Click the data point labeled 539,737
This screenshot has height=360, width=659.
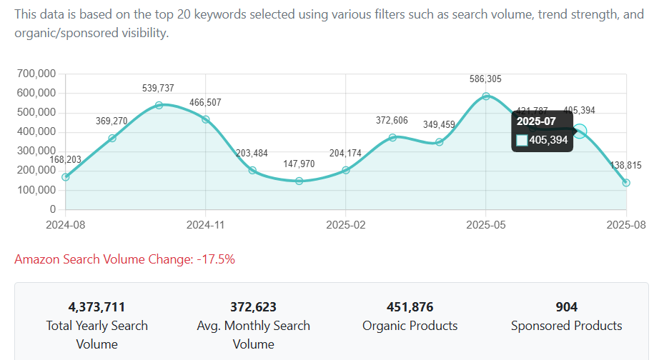click(159, 105)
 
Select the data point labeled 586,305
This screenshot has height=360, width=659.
click(486, 96)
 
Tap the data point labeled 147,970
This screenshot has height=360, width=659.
click(299, 181)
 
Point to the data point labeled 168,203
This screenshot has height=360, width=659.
click(66, 177)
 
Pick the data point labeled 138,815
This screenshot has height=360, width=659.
click(626, 183)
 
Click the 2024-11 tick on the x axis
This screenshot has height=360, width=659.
click(206, 224)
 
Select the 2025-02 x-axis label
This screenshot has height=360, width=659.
click(346, 224)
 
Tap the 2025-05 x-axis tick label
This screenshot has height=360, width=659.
click(486, 224)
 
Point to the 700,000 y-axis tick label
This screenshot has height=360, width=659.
click(36, 74)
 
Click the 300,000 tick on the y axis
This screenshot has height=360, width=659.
click(36, 151)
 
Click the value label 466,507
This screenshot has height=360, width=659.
click(205, 103)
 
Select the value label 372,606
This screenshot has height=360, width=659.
click(392, 121)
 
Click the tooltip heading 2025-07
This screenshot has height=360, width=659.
click(536, 121)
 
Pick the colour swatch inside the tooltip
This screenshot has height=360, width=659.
click(522, 140)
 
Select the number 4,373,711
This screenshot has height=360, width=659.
click(96, 307)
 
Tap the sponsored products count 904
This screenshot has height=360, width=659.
click(566, 307)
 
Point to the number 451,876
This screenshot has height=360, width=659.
click(410, 307)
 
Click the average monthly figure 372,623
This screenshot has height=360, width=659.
click(253, 307)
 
